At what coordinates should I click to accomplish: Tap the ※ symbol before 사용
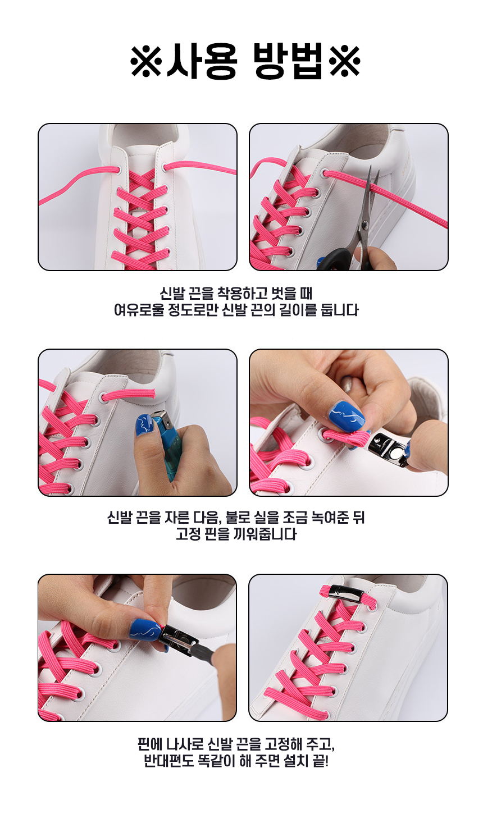pyautogui.click(x=146, y=61)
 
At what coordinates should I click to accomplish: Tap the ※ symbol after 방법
pyautogui.click(x=344, y=61)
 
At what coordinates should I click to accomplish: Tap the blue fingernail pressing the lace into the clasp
pyautogui.click(x=347, y=415)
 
